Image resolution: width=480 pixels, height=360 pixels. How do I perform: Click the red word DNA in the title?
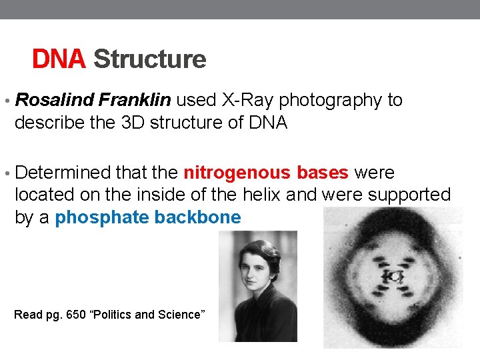[59, 60]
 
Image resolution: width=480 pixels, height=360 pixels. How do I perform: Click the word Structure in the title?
[150, 60]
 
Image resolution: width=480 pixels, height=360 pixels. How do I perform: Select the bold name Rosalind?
[54, 101]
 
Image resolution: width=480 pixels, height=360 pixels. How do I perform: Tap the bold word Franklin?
[135, 101]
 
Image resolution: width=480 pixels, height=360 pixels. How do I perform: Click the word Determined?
[63, 173]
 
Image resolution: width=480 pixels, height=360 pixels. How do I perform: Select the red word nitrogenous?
[237, 173]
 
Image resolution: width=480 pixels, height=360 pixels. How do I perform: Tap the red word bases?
[323, 173]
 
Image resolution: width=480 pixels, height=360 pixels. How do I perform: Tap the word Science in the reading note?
[179, 315]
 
